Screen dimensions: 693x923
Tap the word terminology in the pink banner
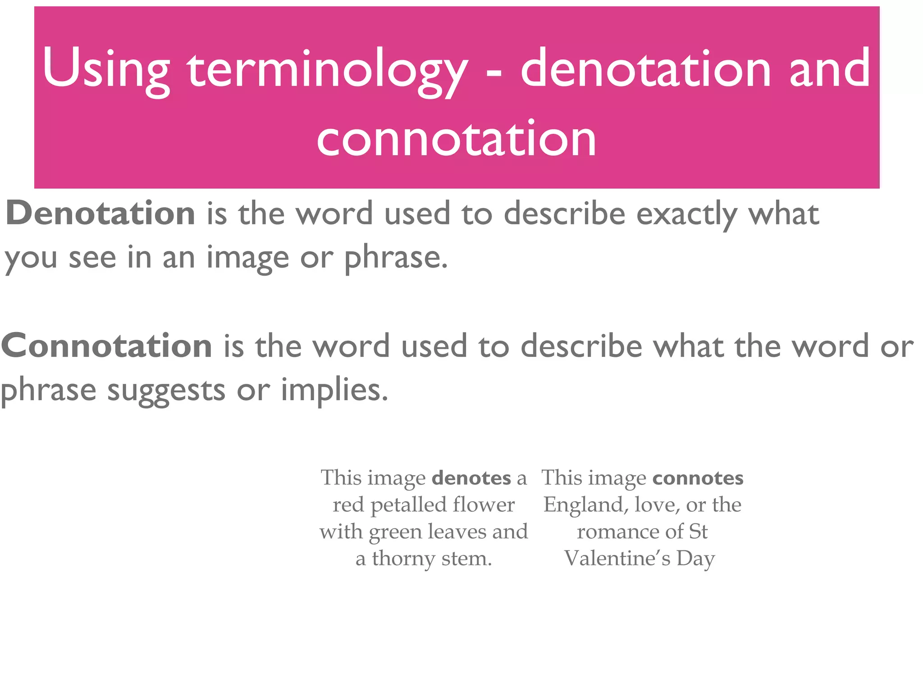[327, 70]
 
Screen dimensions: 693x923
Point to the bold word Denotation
[101, 213]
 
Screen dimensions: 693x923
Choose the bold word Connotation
[107, 346]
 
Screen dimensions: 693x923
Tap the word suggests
[166, 391]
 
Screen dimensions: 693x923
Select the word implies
[334, 390]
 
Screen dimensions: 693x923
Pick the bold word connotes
[698, 478]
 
